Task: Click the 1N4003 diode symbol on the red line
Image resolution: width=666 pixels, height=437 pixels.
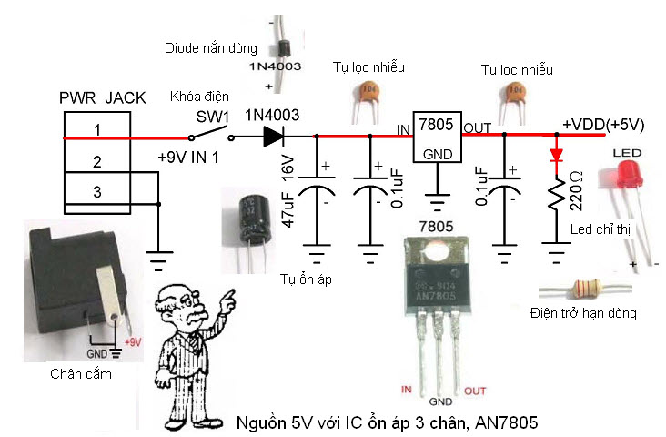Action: tap(274, 137)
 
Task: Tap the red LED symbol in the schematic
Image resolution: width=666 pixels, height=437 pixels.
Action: tap(556, 156)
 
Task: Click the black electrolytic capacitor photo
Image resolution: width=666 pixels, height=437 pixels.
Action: tap(248, 219)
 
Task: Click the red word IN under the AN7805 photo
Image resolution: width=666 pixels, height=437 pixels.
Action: tap(408, 389)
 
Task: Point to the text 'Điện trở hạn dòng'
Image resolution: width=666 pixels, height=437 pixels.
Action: tap(581, 314)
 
